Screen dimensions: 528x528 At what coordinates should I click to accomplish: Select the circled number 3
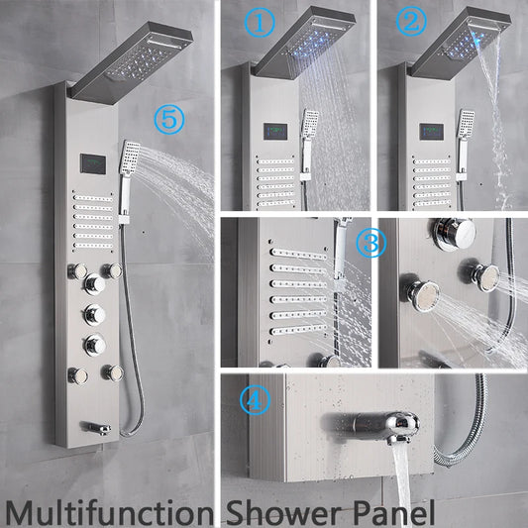click(x=370, y=245)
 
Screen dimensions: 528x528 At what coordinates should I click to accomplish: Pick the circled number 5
click(x=168, y=122)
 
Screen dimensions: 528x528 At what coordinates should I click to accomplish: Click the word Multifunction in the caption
click(x=109, y=510)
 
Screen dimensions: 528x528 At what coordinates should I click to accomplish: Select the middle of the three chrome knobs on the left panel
click(x=95, y=315)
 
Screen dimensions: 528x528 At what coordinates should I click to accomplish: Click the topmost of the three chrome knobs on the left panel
click(x=95, y=285)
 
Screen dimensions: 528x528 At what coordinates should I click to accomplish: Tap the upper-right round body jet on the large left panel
click(x=116, y=270)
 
